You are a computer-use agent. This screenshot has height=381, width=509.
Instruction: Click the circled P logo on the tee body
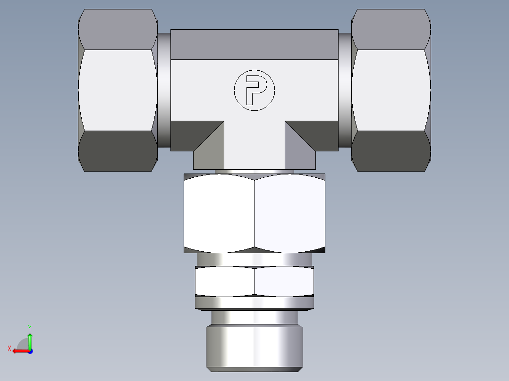point(254,90)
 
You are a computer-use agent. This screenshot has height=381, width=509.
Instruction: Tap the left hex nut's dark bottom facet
point(118,151)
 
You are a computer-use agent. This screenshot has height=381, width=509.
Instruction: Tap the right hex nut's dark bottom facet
point(391,151)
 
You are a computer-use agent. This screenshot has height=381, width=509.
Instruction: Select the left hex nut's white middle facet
point(118,90)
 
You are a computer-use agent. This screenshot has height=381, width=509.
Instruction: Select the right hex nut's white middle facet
point(391,90)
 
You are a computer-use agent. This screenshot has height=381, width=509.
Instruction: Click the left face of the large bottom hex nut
point(219,213)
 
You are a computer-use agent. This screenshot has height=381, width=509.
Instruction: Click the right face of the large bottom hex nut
point(289,213)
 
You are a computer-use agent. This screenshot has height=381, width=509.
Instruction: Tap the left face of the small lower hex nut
point(225,281)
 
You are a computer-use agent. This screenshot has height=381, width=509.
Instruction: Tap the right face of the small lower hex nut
point(284,281)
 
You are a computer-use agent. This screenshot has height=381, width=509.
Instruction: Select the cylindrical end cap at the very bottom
point(254,347)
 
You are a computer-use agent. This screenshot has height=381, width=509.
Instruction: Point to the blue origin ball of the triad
point(30,351)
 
